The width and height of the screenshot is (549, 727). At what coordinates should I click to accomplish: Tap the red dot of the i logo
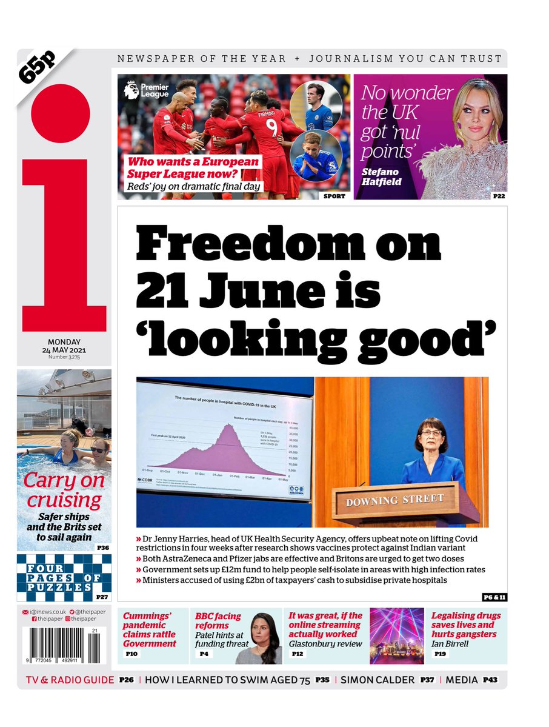[61, 113]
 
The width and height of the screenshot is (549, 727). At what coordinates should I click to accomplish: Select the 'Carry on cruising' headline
[64, 491]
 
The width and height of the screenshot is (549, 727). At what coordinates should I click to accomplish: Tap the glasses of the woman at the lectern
[431, 432]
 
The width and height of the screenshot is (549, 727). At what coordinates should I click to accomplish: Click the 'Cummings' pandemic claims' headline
[150, 629]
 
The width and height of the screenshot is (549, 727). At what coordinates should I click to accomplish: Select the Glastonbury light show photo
[396, 635]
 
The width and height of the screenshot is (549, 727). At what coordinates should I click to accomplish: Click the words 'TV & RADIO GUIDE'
[70, 680]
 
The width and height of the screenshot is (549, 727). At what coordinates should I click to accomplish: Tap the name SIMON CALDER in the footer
[378, 680]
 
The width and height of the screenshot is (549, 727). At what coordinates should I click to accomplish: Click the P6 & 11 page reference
[494, 597]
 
